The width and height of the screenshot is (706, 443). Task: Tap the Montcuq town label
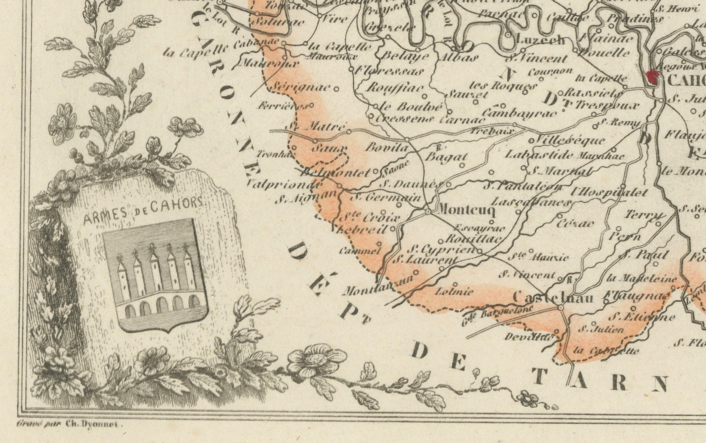click(466, 210)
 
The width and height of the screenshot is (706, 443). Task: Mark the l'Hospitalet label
click(609, 193)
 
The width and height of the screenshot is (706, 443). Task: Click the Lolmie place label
click(454, 292)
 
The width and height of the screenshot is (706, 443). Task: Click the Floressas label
click(390, 71)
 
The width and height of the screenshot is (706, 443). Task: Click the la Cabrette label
click(606, 351)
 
